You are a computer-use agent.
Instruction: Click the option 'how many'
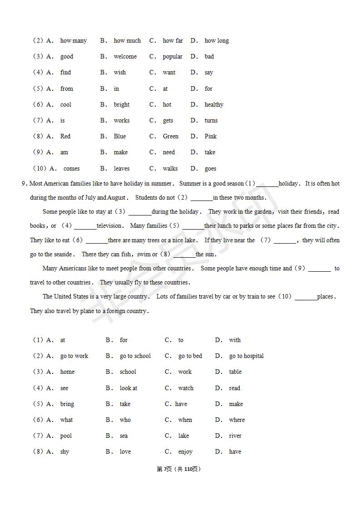click(73, 41)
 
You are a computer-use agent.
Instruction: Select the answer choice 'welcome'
click(125, 57)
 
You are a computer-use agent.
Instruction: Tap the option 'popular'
click(173, 57)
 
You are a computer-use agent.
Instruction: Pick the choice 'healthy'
click(214, 105)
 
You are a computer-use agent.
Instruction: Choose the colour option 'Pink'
click(211, 137)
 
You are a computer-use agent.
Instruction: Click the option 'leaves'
click(121, 169)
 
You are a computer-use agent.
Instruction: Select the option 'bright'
click(121, 105)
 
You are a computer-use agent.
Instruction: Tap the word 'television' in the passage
click(109, 226)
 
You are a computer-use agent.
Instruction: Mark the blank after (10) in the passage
click(306, 297)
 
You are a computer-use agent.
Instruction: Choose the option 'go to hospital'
click(246, 356)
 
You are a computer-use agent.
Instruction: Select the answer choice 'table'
click(235, 372)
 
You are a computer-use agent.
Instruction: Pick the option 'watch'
click(186, 388)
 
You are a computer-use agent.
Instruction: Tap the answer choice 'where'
click(237, 420)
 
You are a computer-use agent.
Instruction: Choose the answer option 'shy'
click(64, 452)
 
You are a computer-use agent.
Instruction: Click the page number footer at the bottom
click(178, 469)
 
